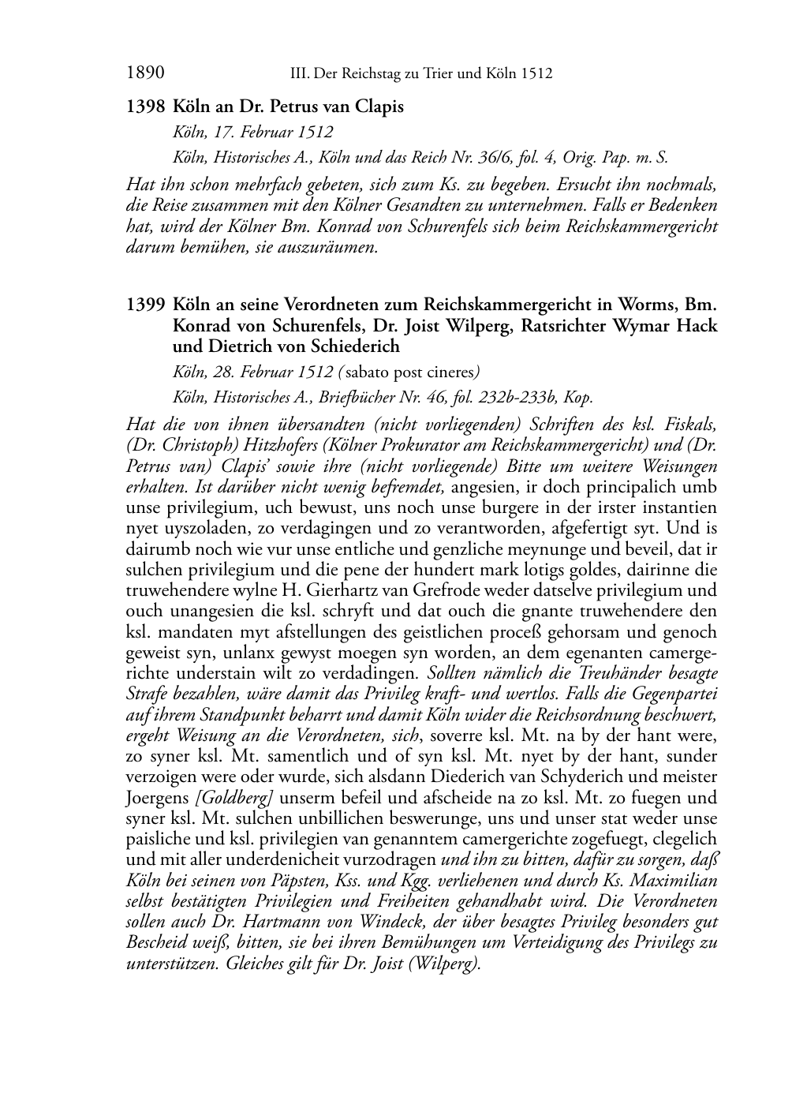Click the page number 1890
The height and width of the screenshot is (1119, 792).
(x=144, y=74)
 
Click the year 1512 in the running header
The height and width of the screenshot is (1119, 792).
(x=536, y=75)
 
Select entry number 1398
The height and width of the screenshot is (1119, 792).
(x=145, y=107)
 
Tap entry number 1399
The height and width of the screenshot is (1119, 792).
(x=145, y=305)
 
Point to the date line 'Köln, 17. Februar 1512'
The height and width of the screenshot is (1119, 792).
(x=252, y=132)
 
